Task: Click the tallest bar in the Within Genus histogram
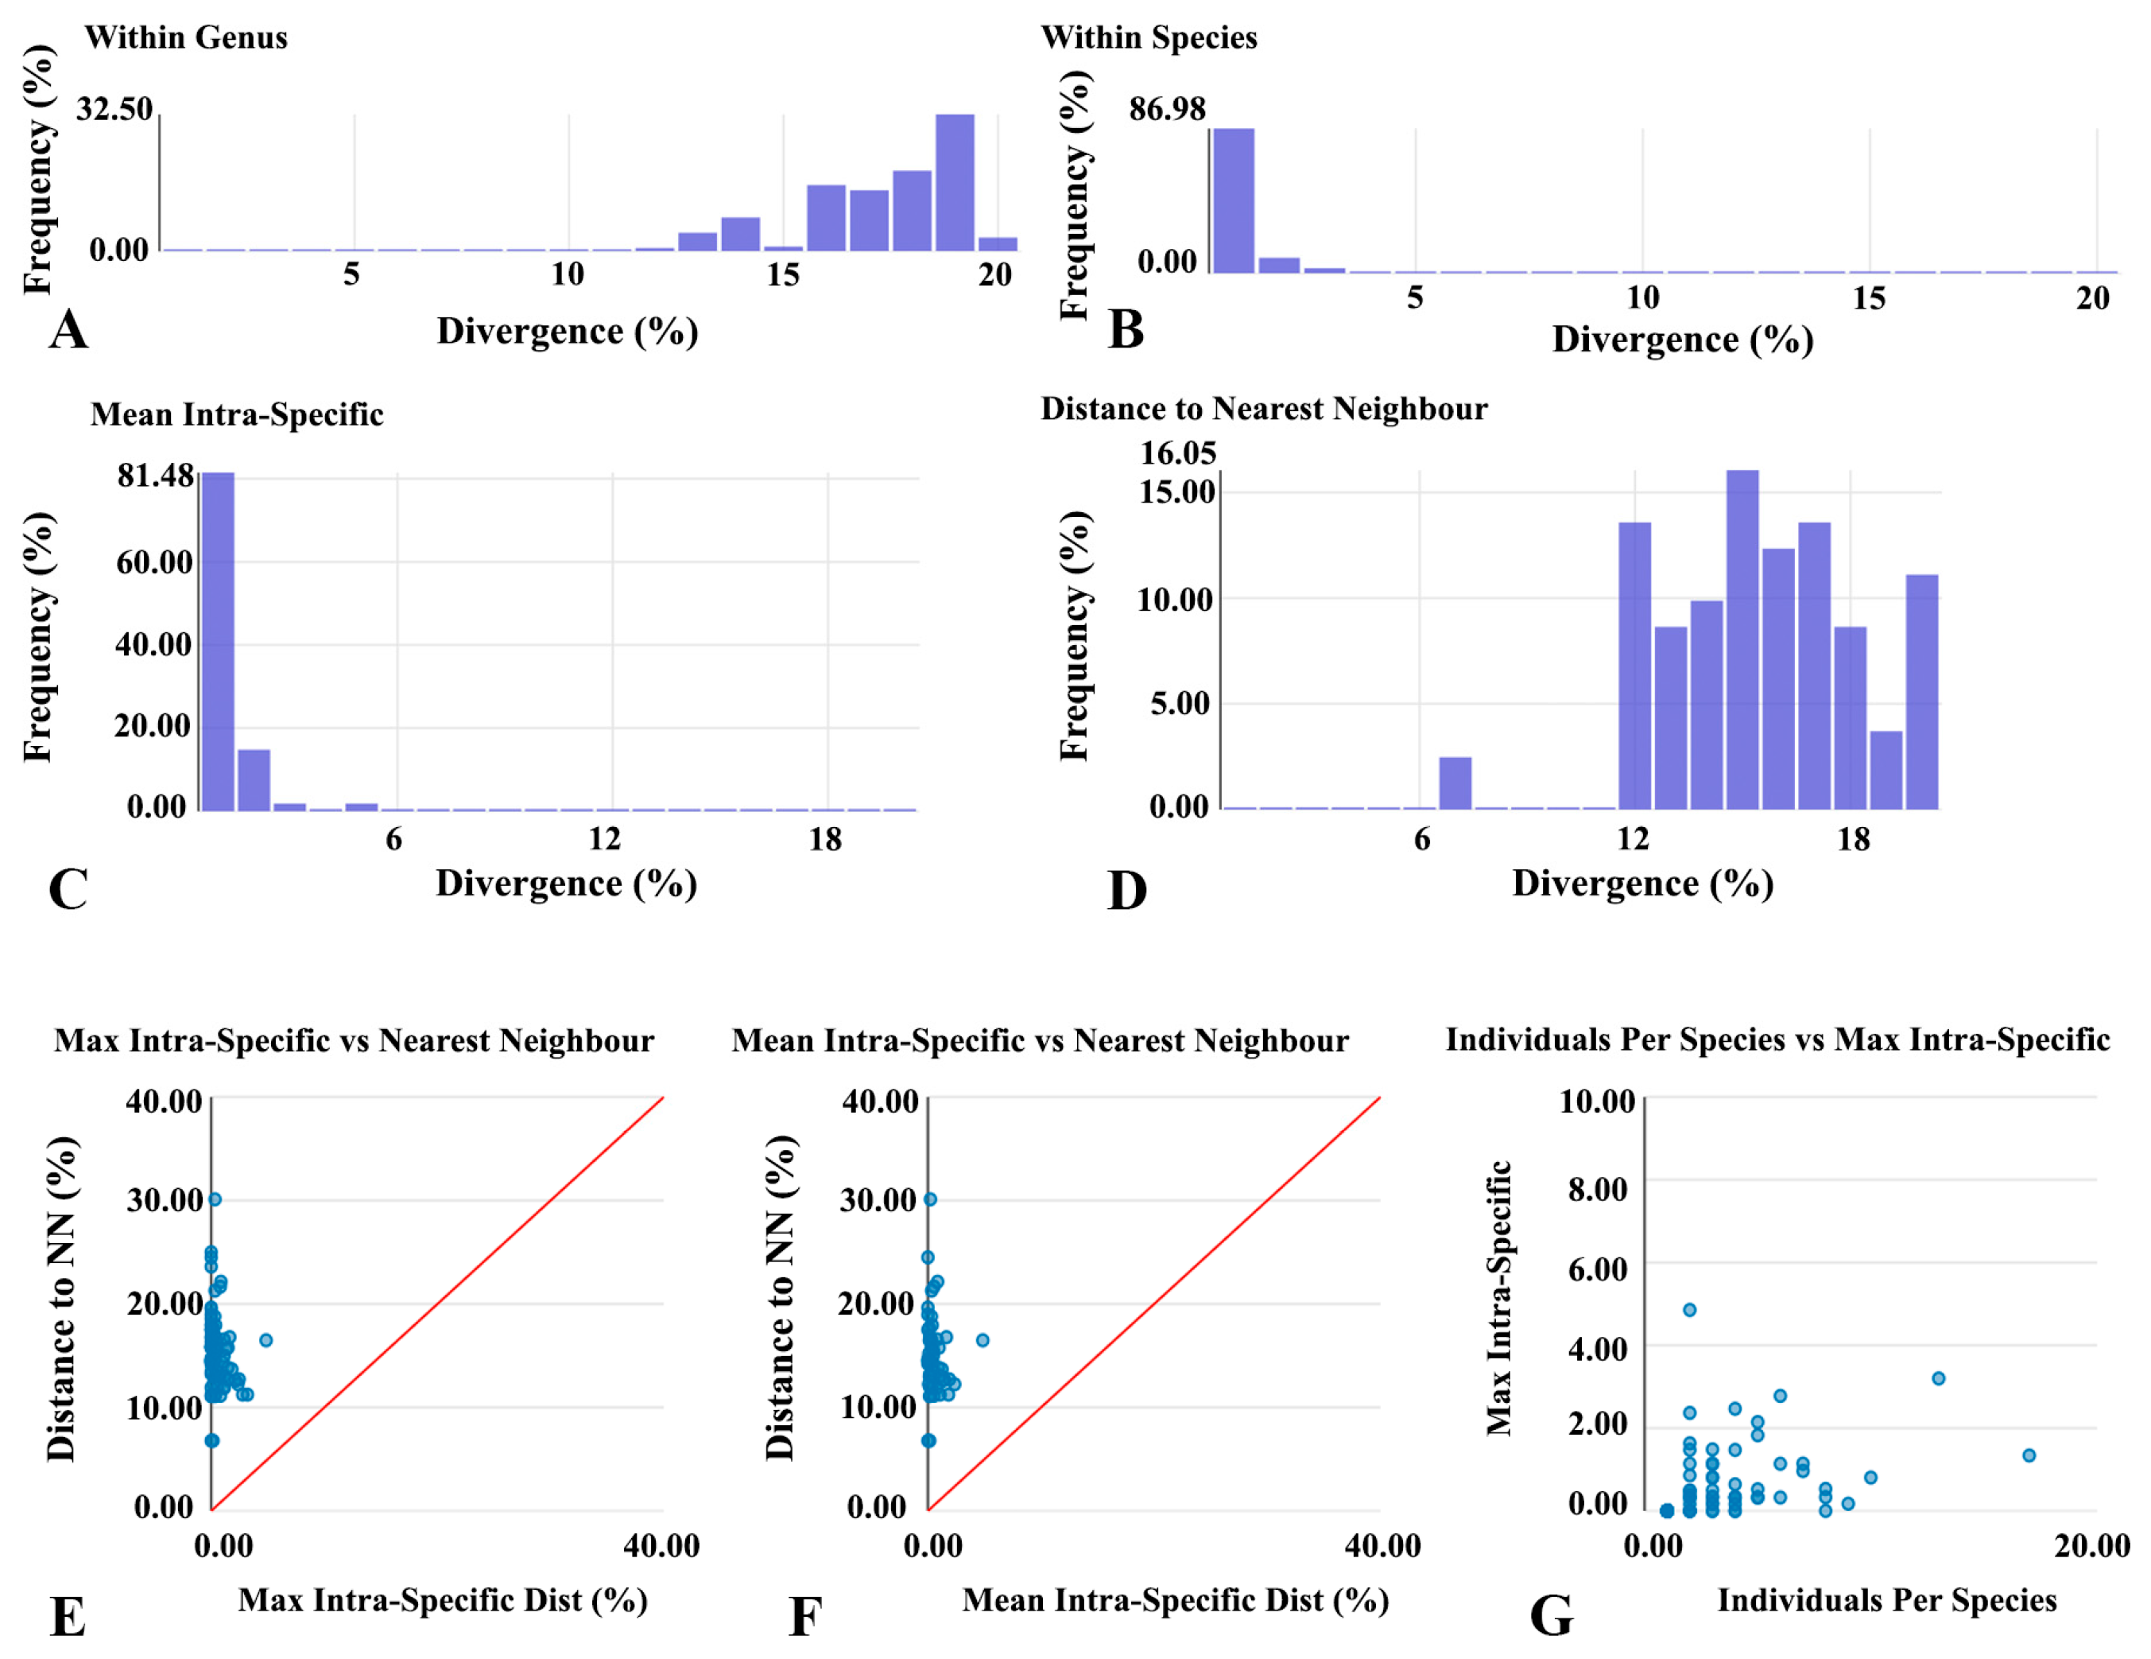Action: pyautogui.click(x=955, y=182)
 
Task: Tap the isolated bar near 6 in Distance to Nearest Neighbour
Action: pyautogui.click(x=1455, y=783)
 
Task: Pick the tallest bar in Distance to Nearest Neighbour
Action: pyautogui.click(x=1742, y=640)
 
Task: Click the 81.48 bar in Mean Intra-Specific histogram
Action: pyautogui.click(x=218, y=640)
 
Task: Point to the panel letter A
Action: pyautogui.click(x=68, y=330)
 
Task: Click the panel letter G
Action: pyautogui.click(x=1551, y=1615)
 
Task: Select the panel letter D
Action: pyautogui.click(x=1126, y=891)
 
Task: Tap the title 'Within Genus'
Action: pyautogui.click(x=186, y=37)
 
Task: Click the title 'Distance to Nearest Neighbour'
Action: pyautogui.click(x=1264, y=409)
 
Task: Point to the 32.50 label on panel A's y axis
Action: pyautogui.click(x=115, y=108)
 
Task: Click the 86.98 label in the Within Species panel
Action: pyautogui.click(x=1167, y=109)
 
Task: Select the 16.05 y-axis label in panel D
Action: pyautogui.click(x=1178, y=453)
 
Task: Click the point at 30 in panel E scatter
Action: pyautogui.click(x=215, y=1199)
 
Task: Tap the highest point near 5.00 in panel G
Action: pyautogui.click(x=1689, y=1309)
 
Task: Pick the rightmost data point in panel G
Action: pyautogui.click(x=2029, y=1455)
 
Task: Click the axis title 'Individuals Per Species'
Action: pyautogui.click(x=1887, y=1600)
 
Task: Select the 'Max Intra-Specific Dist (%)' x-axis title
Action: pyautogui.click(x=444, y=1600)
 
